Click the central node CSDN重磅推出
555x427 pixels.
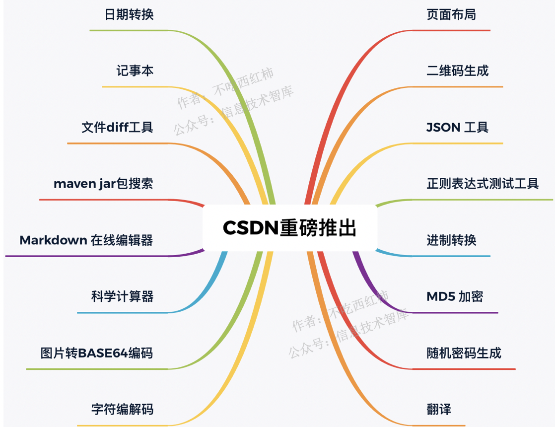(289, 228)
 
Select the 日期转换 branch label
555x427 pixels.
(129, 14)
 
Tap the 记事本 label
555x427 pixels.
(135, 71)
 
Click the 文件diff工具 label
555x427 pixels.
(117, 128)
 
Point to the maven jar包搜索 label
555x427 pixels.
(103, 184)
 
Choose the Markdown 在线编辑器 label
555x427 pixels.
(86, 241)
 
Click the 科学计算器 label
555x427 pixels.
(122, 297)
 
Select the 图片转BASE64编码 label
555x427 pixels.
(97, 354)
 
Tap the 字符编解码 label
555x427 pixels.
(122, 410)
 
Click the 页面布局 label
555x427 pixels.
(451, 14)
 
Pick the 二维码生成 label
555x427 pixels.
(458, 71)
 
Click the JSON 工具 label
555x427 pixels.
(458, 128)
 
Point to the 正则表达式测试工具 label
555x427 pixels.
(483, 184)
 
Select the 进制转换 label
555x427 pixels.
(451, 241)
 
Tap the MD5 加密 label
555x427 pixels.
(455, 297)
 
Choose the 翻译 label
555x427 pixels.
(439, 410)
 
